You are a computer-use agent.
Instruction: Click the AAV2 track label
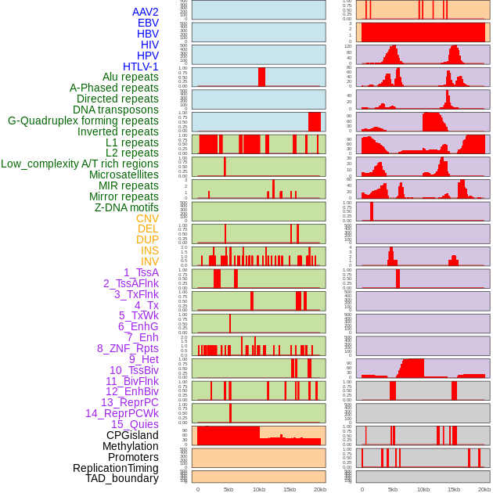point(145,12)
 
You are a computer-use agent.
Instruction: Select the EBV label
point(148,23)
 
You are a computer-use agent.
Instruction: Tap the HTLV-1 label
point(140,67)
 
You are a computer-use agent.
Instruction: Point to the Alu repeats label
point(130,77)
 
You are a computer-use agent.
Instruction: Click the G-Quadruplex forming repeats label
point(83,121)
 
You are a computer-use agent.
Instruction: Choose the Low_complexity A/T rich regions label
point(79,164)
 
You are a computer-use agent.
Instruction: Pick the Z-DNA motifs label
point(126,207)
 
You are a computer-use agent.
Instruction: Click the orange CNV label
point(147,218)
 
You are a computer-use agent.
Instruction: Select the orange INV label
point(149,261)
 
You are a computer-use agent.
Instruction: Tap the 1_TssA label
point(141,272)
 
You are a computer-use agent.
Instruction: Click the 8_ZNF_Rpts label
point(128,348)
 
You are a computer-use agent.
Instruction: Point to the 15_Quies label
point(135,424)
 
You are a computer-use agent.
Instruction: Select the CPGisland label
point(132,435)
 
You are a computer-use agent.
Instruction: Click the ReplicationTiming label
point(115,468)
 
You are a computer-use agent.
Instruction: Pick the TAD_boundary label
point(121,478)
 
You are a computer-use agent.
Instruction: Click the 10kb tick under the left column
point(259,489)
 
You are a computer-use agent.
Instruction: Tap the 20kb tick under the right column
point(484,489)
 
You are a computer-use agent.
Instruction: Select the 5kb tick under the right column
point(393,489)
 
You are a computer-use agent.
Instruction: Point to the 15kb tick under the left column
point(290,489)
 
